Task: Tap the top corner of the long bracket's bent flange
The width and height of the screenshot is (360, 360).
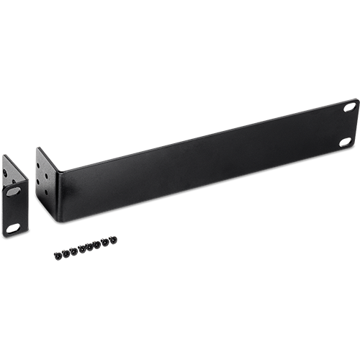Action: coord(37,149)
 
